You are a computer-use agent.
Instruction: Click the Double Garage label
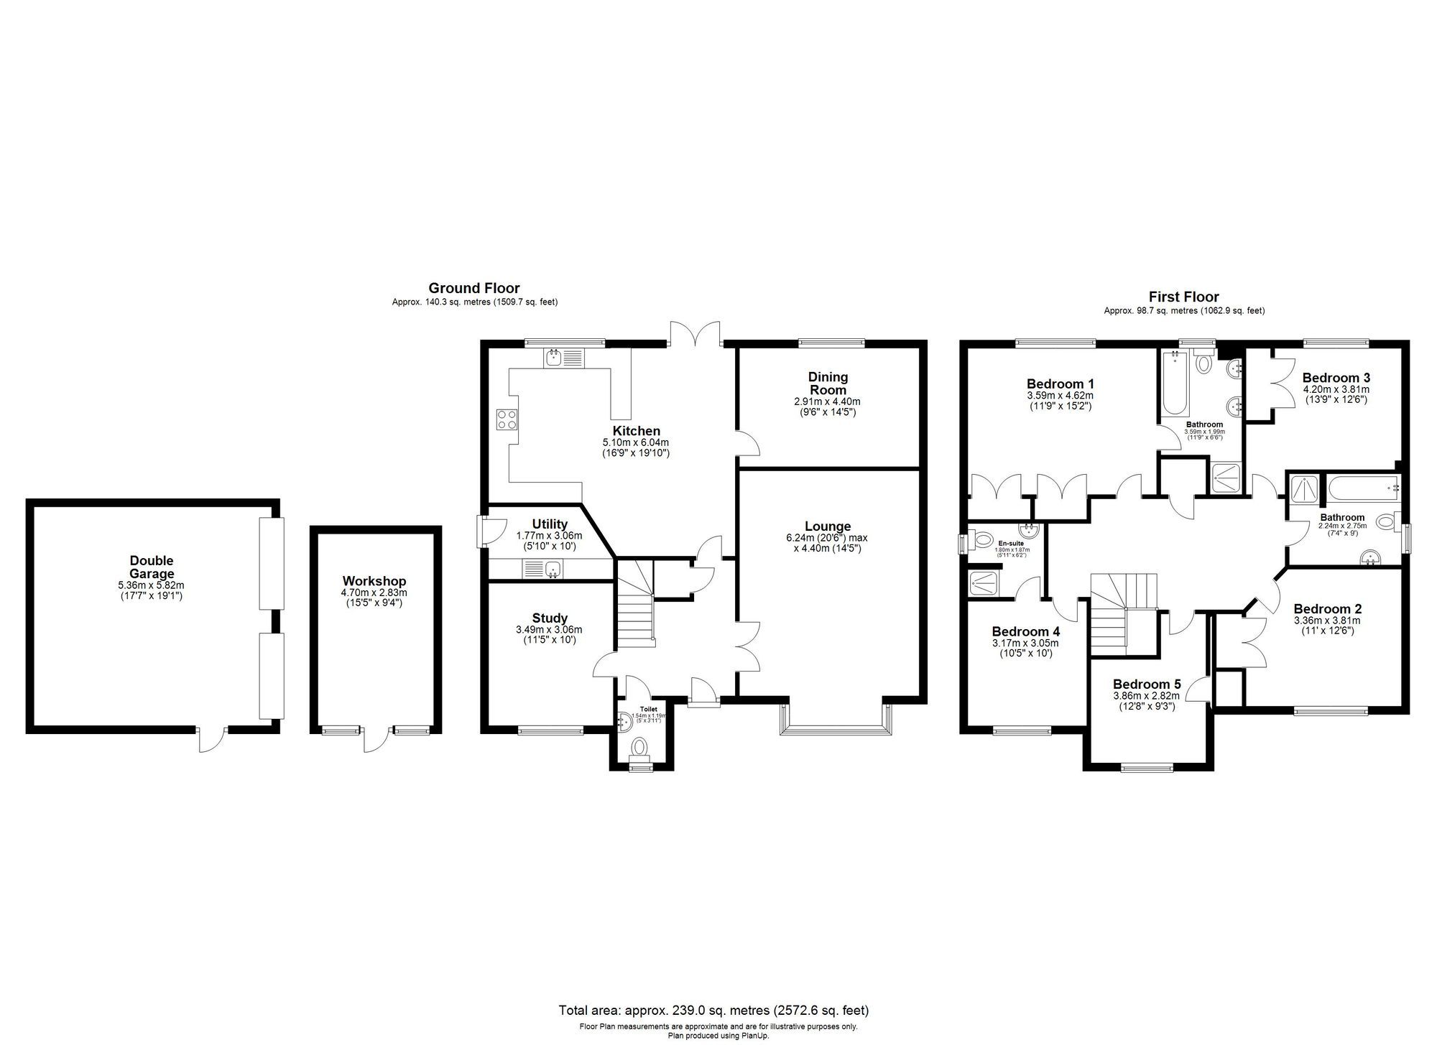(x=152, y=567)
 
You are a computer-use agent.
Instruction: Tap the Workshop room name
(x=374, y=581)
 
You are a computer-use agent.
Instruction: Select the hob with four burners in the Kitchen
(x=507, y=418)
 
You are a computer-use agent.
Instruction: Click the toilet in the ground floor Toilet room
(x=637, y=749)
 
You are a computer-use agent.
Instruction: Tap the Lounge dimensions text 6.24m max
(x=827, y=538)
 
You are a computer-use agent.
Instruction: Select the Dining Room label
(x=828, y=383)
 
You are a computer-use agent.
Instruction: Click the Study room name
(x=550, y=618)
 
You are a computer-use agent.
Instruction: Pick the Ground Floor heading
(x=473, y=289)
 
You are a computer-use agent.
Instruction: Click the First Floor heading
(x=1183, y=297)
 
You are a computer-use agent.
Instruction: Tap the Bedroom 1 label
(x=1060, y=384)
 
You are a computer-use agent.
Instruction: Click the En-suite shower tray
(x=983, y=582)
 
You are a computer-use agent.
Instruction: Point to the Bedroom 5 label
(x=1146, y=684)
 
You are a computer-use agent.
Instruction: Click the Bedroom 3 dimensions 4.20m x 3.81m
(x=1336, y=389)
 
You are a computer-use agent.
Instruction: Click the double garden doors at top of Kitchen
(x=694, y=335)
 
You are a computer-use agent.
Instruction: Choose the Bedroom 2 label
(x=1327, y=609)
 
